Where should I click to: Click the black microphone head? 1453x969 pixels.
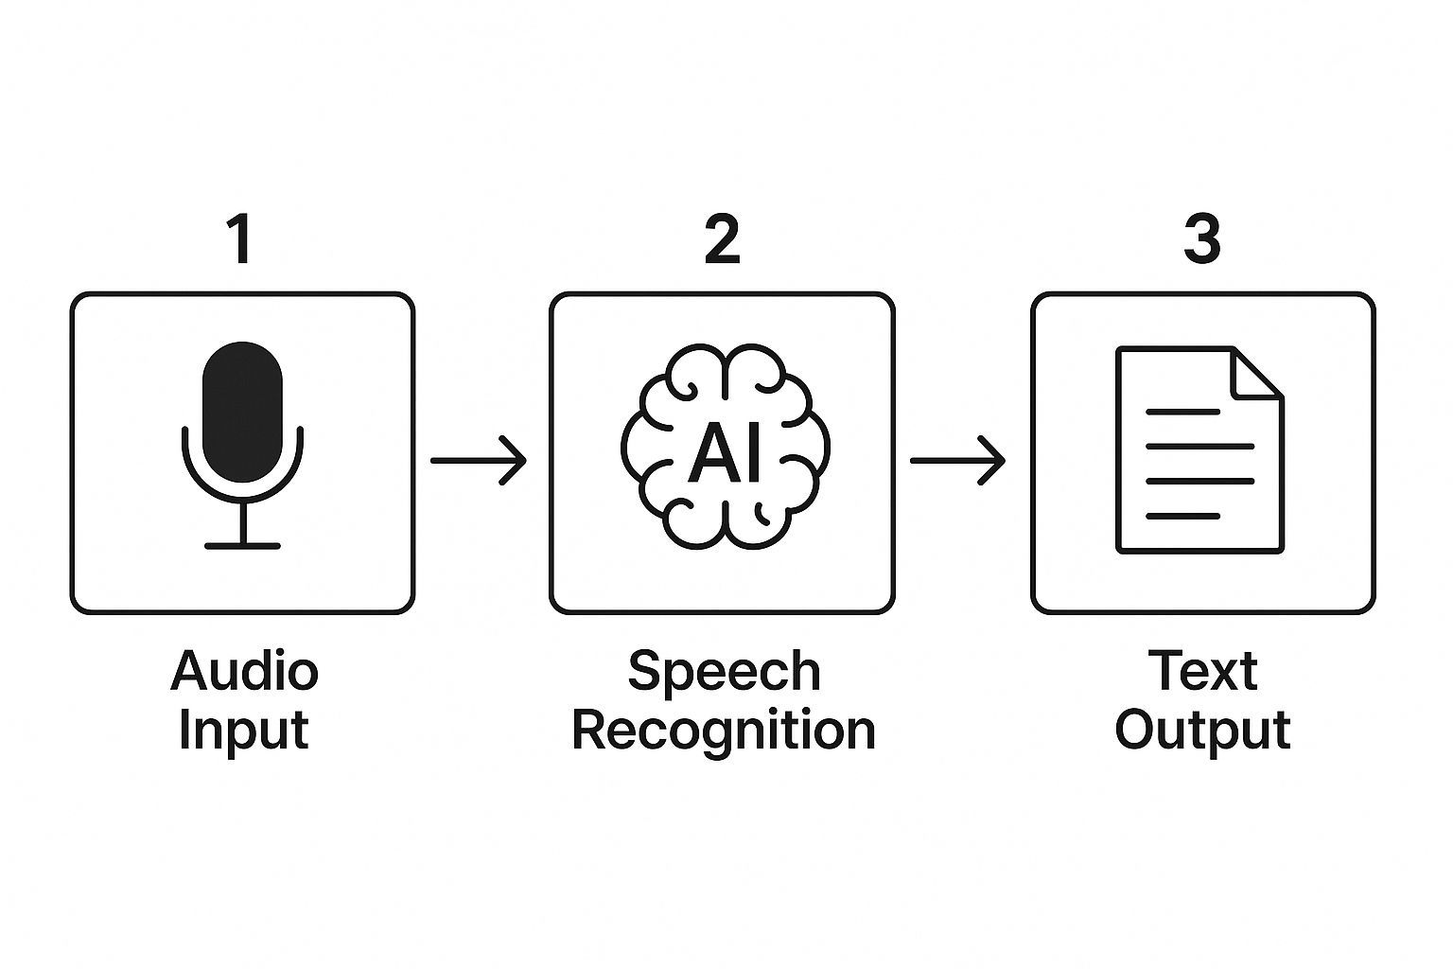tap(243, 412)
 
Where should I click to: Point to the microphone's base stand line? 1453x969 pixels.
tap(243, 546)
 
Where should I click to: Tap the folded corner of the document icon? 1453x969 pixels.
tap(1254, 373)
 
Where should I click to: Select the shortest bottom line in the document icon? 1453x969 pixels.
tap(1182, 516)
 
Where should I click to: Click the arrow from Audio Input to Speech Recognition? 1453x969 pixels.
tap(478, 461)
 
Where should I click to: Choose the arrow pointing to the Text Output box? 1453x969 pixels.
tap(957, 461)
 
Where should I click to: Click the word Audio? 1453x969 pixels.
tap(244, 671)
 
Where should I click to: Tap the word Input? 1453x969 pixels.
tap(243, 731)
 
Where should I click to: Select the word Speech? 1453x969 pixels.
tap(724, 671)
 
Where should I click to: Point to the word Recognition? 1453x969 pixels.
tap(724, 731)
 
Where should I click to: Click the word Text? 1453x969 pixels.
tap(1202, 671)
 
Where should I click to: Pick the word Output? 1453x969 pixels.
tap(1202, 731)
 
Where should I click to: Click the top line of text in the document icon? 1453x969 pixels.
tap(1182, 412)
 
